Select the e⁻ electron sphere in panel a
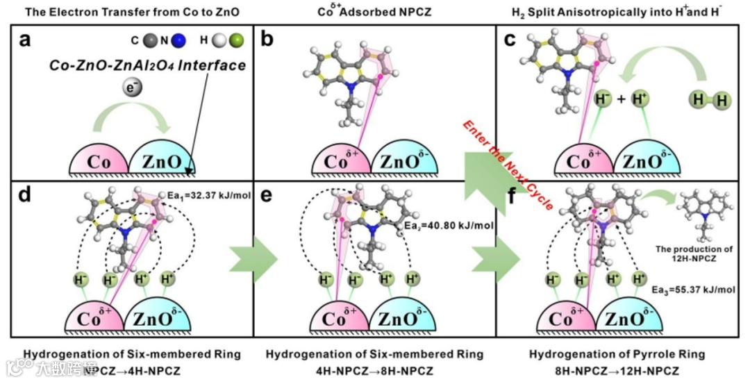[x=128, y=88]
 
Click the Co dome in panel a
[x=98, y=161]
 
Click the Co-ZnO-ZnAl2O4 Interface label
[x=147, y=66]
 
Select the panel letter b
[x=267, y=41]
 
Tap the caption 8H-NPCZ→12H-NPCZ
[x=617, y=370]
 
